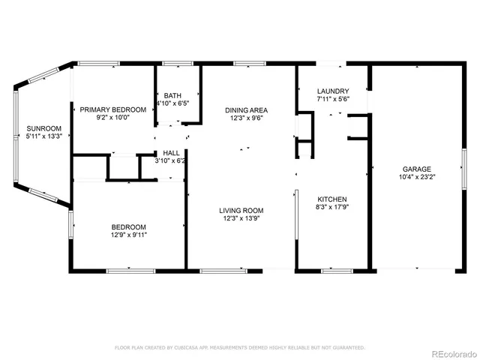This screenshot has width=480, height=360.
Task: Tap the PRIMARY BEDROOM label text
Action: point(112,109)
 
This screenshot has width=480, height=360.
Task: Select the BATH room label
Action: point(173,95)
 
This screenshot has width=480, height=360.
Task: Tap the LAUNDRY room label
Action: point(333,91)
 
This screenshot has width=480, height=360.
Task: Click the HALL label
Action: point(171,152)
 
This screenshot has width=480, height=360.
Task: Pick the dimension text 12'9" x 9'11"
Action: point(129,235)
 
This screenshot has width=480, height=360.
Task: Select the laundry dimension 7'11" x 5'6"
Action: point(333,99)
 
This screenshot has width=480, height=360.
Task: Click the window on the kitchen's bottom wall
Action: point(332,268)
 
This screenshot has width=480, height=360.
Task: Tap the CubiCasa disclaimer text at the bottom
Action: point(239,348)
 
